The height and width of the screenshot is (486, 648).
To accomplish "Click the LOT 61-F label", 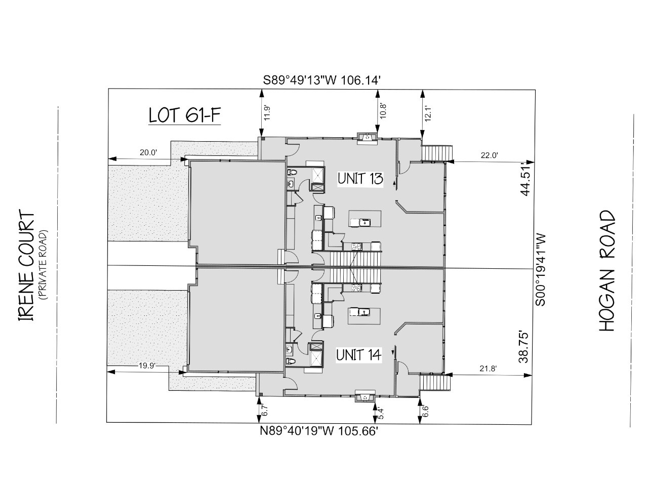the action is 185,115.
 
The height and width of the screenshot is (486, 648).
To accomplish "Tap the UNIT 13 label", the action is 360,179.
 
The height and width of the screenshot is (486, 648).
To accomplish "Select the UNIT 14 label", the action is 359,355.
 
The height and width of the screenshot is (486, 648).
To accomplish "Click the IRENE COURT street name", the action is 26,265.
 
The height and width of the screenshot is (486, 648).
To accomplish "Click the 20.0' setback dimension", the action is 148,152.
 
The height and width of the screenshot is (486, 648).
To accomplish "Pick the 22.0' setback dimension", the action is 489,155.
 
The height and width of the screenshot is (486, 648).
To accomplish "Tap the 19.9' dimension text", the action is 147,366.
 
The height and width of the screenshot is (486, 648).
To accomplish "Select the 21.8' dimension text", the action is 488,369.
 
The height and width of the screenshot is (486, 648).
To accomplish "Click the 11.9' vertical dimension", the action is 267,112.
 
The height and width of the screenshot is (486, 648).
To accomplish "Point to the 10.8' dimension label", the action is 383,111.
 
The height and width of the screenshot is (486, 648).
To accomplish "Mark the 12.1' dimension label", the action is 428,112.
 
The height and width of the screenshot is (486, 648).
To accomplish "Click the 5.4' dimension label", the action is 381,414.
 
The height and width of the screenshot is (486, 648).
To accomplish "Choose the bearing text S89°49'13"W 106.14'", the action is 321,80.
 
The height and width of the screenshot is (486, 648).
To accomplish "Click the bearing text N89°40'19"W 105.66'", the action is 319,431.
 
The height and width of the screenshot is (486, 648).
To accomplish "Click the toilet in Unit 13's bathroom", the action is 292,172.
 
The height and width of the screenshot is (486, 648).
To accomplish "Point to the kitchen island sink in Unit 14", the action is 364,312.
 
